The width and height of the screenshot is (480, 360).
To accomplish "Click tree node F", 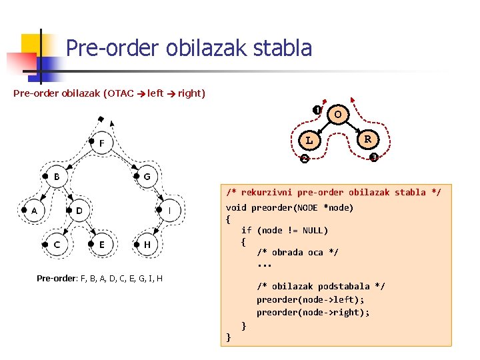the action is tap(101, 143).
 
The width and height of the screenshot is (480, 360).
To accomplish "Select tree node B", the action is tap(57, 177).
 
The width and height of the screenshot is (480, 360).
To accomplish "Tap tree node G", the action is tap(147, 177).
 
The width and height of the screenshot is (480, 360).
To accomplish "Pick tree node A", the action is tap(34, 211).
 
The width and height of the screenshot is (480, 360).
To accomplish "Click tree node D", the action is tap(79, 211).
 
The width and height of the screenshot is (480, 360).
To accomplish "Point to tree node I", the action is tap(169, 211).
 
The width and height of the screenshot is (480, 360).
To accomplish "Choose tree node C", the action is tap(57, 245).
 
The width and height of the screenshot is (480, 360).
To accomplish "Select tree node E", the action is tap(101, 245).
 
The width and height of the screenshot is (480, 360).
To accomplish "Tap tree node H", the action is tap(147, 245).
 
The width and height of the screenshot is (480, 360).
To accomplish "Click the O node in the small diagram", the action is tap(338, 115).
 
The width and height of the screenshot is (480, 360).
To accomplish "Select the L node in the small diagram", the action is tap(309, 141).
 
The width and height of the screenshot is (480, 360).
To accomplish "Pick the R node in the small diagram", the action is tap(367, 140).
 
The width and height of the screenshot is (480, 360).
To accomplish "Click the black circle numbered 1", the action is tap(317, 110).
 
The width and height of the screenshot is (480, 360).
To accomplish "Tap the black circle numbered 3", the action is tap(374, 157).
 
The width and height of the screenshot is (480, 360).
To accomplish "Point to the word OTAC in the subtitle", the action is tap(119, 93).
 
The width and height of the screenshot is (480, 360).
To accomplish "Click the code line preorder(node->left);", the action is tap(311, 299).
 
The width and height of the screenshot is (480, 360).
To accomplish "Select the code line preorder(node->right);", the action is tap(313, 312).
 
